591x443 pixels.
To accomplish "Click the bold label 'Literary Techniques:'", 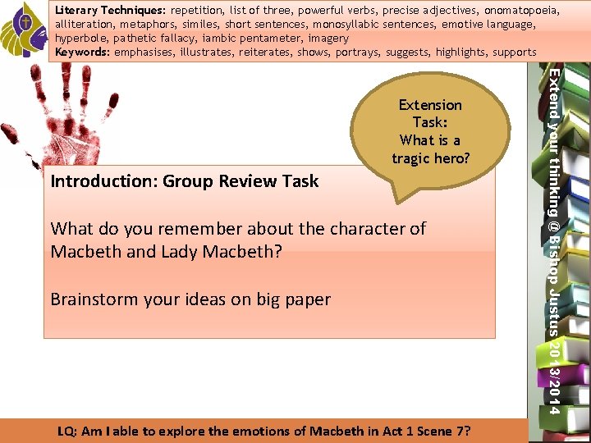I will (x=110, y=11).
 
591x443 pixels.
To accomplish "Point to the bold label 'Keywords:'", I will (x=82, y=52).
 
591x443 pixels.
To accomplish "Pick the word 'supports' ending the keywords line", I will (x=515, y=52).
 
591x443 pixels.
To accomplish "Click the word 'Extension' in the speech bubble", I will (x=430, y=105).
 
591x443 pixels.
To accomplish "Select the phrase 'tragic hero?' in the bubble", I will (x=430, y=158).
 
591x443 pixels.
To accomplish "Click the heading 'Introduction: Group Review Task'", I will (x=185, y=181).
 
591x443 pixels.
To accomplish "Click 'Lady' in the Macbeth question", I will (x=176, y=251).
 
